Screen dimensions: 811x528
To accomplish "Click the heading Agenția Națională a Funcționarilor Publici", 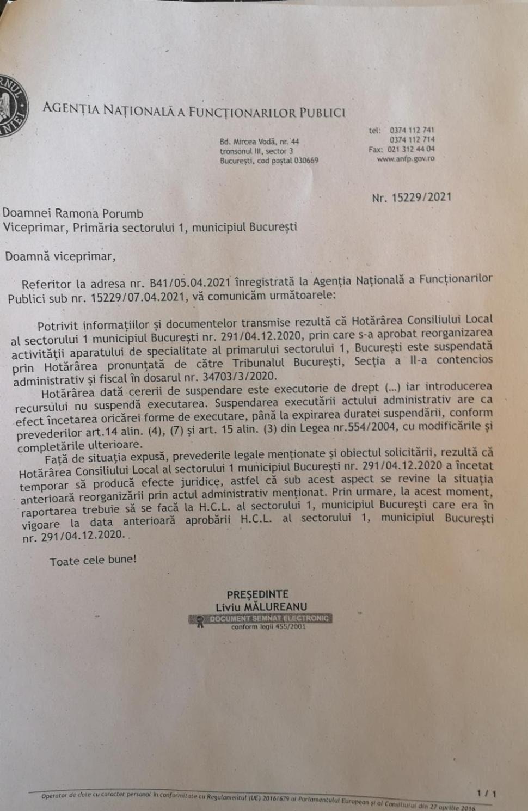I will click(194, 110).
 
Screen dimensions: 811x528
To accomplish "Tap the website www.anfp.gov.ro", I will click(406, 159).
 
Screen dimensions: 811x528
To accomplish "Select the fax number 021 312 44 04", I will click(411, 149).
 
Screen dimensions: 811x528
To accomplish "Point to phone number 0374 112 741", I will click(412, 130).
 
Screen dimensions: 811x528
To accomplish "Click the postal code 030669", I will click(306, 161).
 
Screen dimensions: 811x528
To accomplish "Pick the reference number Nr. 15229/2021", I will click(412, 198).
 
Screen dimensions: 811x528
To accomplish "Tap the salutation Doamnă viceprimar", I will click(60, 256).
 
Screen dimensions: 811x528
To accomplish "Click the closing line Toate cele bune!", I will click(93, 561).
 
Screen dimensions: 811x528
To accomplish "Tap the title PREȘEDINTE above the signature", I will click(258, 594).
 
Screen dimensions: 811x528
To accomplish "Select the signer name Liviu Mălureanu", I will click(261, 607).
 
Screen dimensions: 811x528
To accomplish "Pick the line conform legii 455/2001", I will click(268, 627).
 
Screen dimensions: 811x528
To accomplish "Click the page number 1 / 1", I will click(486, 794).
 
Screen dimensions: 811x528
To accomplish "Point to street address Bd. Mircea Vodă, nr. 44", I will click(259, 142).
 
